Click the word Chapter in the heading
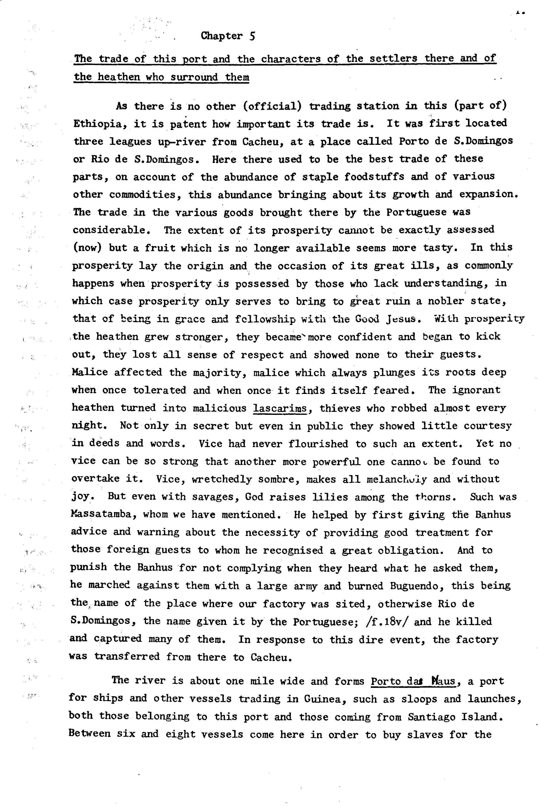click(222, 36)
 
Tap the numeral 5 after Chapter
click(252, 36)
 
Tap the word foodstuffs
click(374, 177)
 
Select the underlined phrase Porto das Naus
click(413, 681)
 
